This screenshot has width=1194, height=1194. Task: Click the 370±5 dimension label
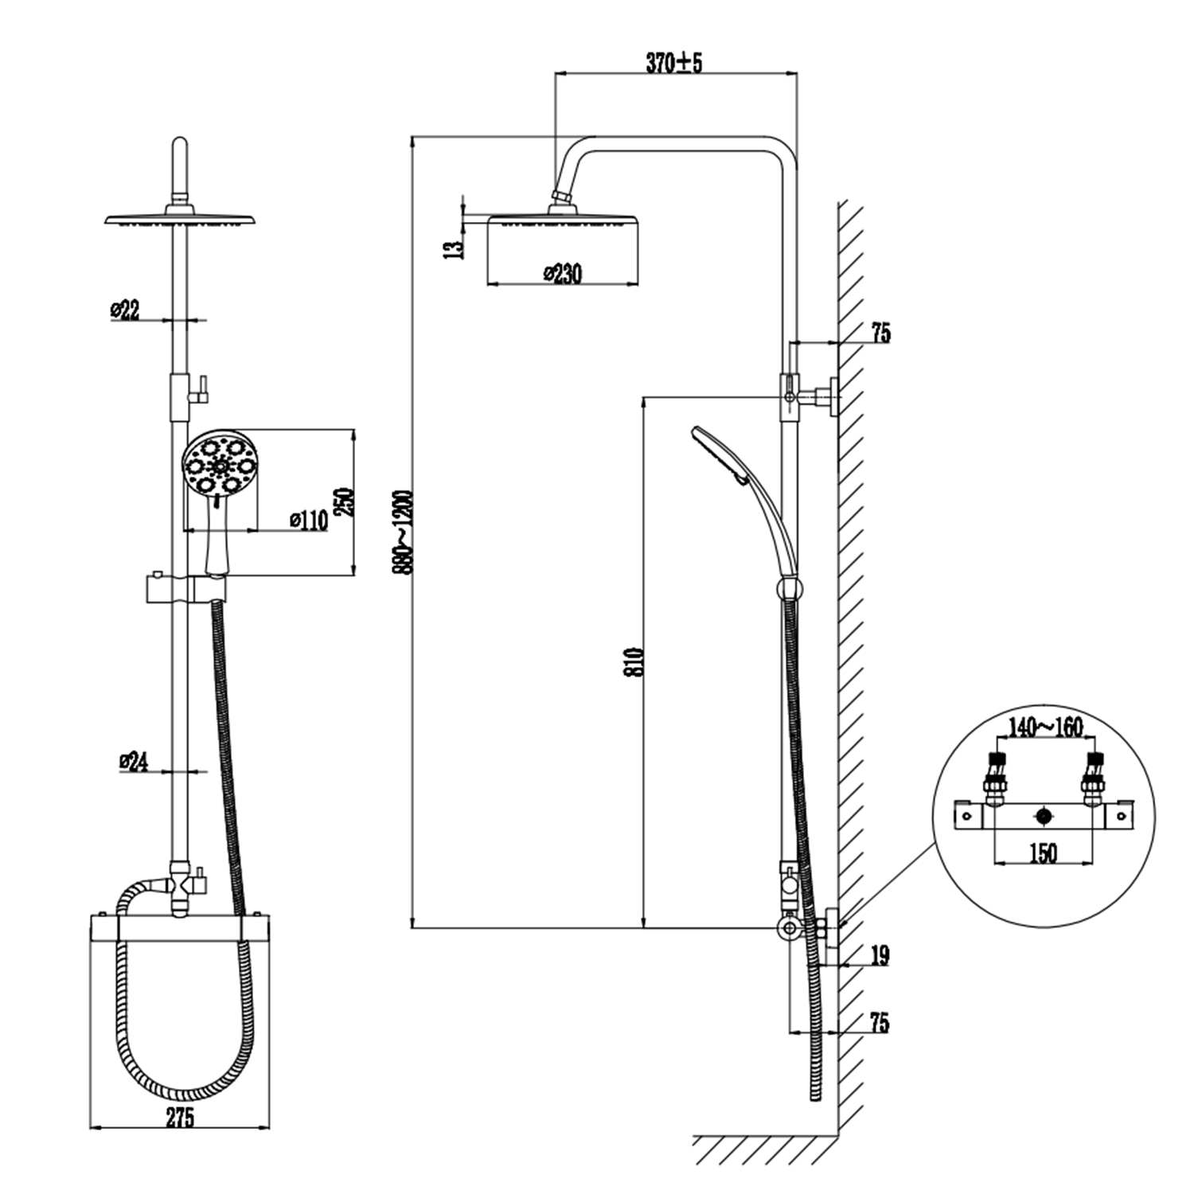click(673, 62)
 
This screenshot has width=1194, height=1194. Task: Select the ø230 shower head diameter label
click(563, 274)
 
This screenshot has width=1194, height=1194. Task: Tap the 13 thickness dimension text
click(454, 248)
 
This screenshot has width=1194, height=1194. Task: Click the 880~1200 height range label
click(405, 532)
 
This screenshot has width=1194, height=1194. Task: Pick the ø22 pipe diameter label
click(126, 310)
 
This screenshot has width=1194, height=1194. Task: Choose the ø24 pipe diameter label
click(134, 762)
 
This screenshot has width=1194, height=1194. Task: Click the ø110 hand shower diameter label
click(308, 521)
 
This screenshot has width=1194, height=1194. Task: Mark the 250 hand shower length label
click(344, 501)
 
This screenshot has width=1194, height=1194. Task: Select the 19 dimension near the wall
click(879, 955)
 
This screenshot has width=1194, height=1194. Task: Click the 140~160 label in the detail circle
click(1044, 727)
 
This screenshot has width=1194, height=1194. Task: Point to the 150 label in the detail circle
click(1043, 853)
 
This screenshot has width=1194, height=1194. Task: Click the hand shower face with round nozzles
click(220, 463)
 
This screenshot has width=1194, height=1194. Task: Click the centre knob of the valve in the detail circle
click(1044, 816)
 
